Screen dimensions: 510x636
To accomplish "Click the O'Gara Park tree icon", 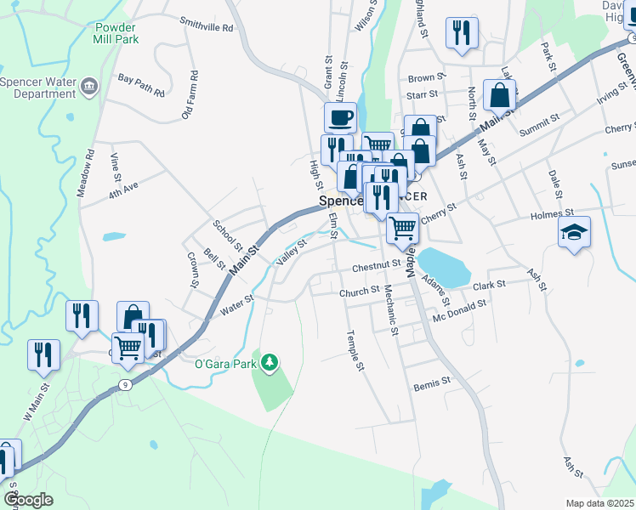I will (270, 363).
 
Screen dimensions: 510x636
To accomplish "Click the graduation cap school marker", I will (574, 231).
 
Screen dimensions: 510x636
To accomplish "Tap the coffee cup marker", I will (340, 116).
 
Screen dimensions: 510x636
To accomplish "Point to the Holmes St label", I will (553, 214).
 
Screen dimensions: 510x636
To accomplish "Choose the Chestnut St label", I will (376, 266).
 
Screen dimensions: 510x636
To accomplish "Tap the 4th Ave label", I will (122, 186).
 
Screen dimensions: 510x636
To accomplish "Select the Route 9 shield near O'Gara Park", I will (126, 384).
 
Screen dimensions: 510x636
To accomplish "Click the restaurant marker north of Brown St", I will (462, 33).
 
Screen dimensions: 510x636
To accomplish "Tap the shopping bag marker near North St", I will (499, 96).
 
